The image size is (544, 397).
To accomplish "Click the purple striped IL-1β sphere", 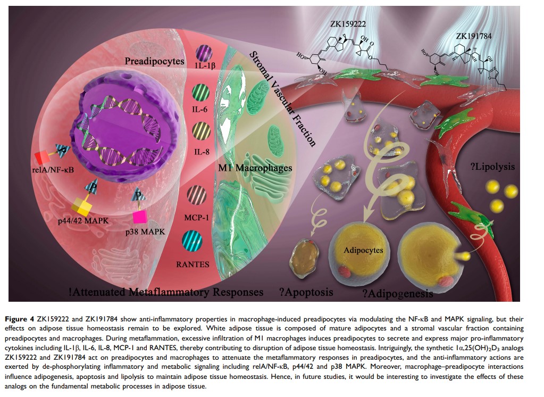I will tap(203, 53).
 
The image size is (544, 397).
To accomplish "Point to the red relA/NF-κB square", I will tap(43, 158).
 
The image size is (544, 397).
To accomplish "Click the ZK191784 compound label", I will tap(474, 37).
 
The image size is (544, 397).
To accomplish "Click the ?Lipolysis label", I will tap(492, 166).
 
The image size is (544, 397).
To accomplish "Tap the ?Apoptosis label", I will tap(306, 292).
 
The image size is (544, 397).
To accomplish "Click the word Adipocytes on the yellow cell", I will tap(359, 249).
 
